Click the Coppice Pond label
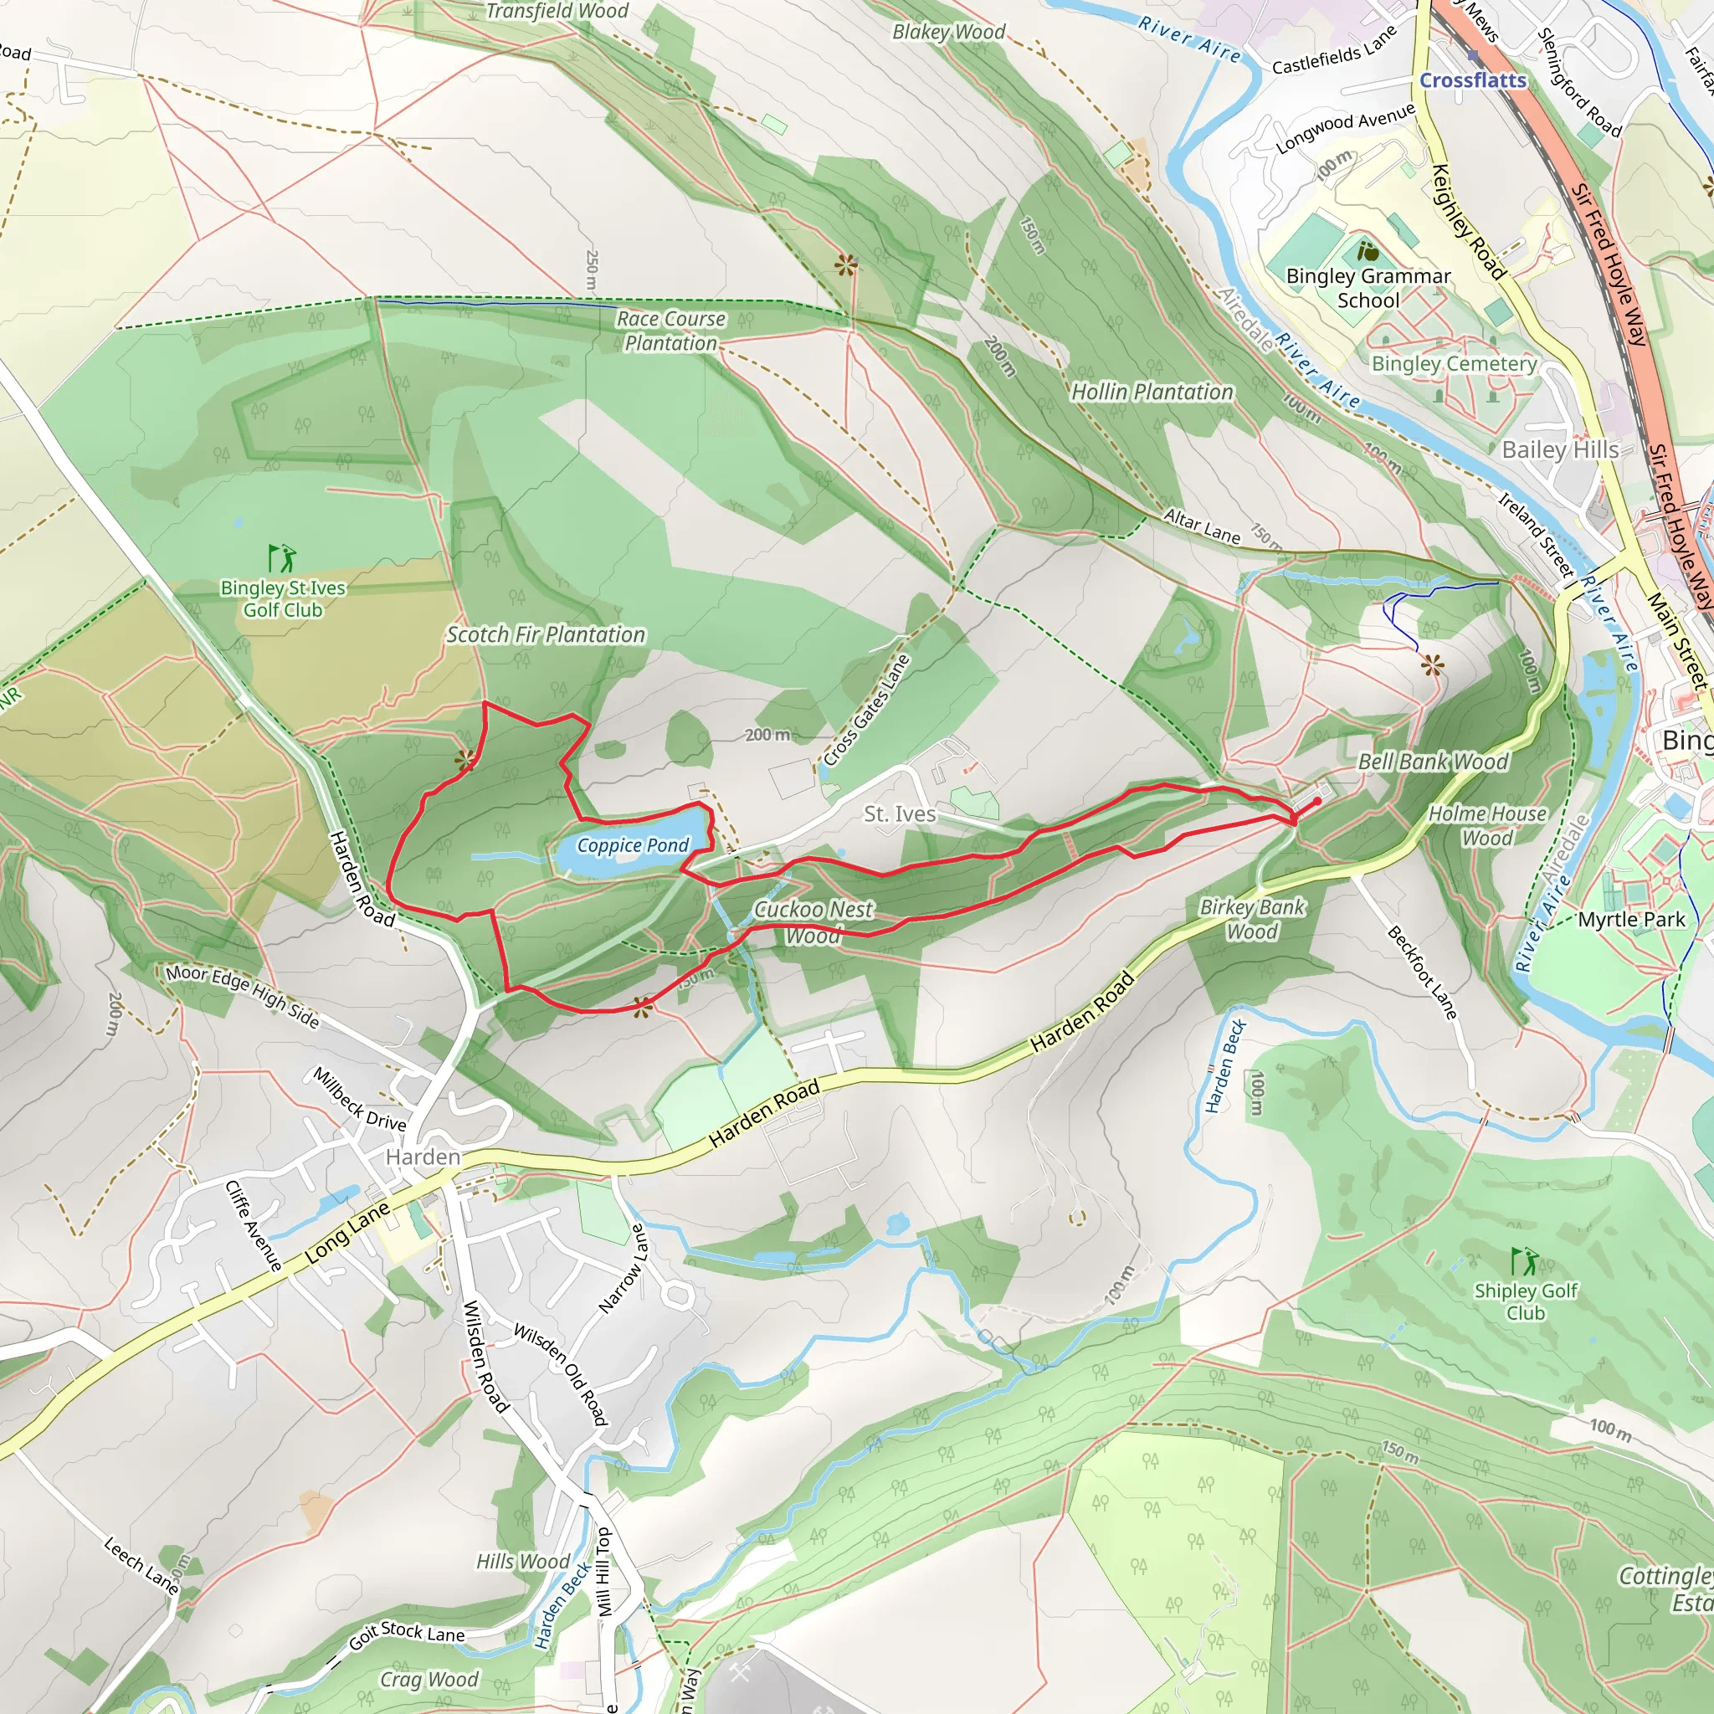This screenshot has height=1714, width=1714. pyautogui.click(x=633, y=845)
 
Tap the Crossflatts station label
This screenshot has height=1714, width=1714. pyautogui.click(x=1473, y=80)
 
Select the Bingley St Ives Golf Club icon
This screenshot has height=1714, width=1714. pyautogui.click(x=282, y=558)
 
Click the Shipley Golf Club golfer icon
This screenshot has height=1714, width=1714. pyautogui.click(x=1524, y=1260)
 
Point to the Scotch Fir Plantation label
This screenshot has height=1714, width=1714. pyautogui.click(x=546, y=635)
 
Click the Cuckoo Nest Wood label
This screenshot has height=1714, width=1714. pyautogui.click(x=813, y=921)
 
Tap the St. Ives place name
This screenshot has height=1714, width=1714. pyautogui.click(x=900, y=814)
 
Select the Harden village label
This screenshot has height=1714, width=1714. pyautogui.click(x=423, y=1157)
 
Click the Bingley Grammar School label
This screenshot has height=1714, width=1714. pyautogui.click(x=1368, y=289)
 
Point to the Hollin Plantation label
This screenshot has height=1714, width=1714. pyautogui.click(x=1152, y=393)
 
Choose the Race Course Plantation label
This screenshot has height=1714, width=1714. pyautogui.click(x=670, y=331)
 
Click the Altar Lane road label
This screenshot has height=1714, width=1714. pyautogui.click(x=1202, y=526)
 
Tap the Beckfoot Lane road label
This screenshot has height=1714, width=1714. pyautogui.click(x=1421, y=972)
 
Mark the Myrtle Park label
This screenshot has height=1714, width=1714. pyautogui.click(x=1630, y=920)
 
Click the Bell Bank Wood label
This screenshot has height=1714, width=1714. pyautogui.click(x=1433, y=762)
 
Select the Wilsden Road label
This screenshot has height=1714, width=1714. pyautogui.click(x=485, y=1357)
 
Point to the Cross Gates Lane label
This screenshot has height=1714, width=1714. pyautogui.click(x=866, y=710)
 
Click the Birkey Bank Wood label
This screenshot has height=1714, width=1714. pyautogui.click(x=1252, y=919)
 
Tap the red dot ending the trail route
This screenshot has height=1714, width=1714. pyautogui.click(x=1317, y=800)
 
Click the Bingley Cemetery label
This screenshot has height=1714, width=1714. pyautogui.click(x=1454, y=364)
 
